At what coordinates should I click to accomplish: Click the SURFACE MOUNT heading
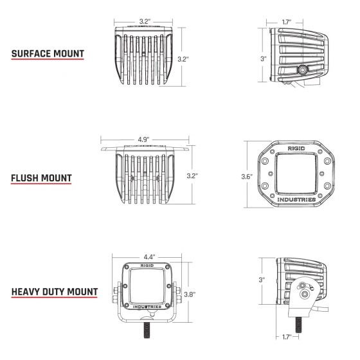click(48, 53)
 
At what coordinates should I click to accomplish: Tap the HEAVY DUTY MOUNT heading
click(55, 291)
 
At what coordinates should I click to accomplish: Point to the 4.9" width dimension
click(143, 138)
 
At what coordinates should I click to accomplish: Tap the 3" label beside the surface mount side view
click(263, 59)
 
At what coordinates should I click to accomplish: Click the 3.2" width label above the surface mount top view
click(145, 21)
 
